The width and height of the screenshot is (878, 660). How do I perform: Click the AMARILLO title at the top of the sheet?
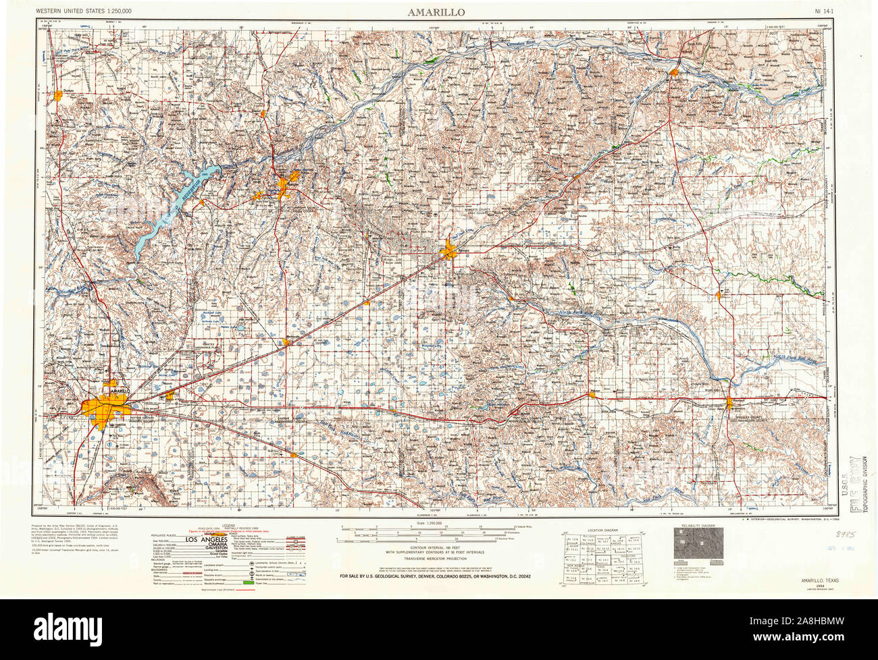point(435,12)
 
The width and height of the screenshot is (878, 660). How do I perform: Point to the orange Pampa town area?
point(448,252)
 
